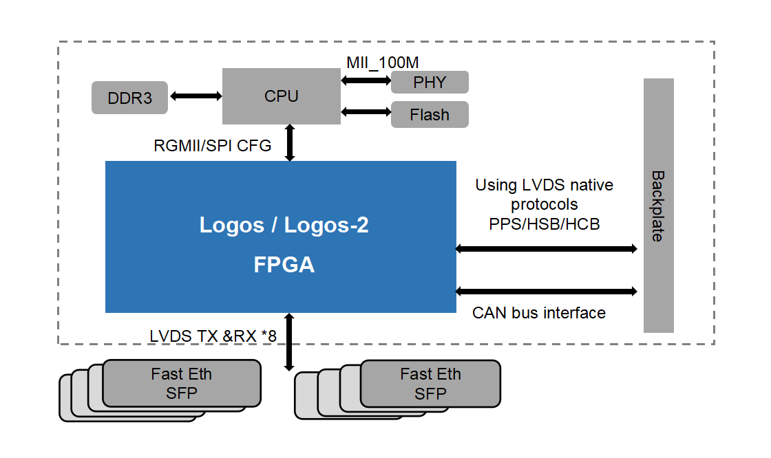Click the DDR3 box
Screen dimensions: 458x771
click(129, 98)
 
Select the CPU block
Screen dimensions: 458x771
click(281, 96)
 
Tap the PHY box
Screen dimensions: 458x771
click(430, 83)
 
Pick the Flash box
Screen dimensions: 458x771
click(430, 115)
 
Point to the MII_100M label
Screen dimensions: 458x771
click(382, 62)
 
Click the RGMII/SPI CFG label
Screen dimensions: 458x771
click(212, 146)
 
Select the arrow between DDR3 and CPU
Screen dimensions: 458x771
click(195, 96)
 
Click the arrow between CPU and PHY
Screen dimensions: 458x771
click(366, 80)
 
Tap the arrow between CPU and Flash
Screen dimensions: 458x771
click(366, 111)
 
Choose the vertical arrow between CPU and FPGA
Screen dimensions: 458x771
click(290, 142)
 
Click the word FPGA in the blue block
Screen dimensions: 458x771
click(284, 265)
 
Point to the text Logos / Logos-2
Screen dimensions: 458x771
click(284, 225)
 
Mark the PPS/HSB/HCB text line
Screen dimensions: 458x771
click(544, 223)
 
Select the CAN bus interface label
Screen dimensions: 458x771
click(538, 313)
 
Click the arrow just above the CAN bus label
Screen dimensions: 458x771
click(547, 292)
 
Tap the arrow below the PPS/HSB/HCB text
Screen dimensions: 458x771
click(547, 249)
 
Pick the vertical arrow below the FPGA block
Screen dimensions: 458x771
click(290, 342)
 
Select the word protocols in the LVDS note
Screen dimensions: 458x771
click(544, 204)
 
